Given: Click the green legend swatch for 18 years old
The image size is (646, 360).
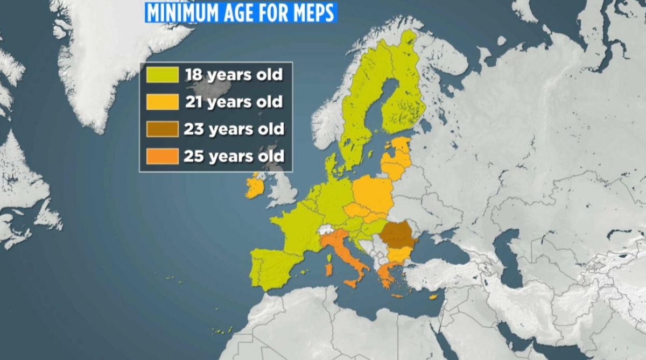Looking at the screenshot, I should point(162,75).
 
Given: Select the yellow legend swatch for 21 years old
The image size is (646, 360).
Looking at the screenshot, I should point(162,102).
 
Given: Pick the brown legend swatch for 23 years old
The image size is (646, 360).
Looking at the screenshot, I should point(162,129).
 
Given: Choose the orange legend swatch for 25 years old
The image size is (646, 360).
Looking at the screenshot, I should point(162,157).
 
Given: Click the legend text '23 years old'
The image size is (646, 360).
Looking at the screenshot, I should point(233,129).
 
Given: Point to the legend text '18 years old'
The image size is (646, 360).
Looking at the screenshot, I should point(234,74).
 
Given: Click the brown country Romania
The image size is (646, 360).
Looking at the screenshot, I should point(399,234).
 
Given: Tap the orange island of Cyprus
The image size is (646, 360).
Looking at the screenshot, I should point(432,297).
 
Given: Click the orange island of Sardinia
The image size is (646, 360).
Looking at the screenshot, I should point(328,268).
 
